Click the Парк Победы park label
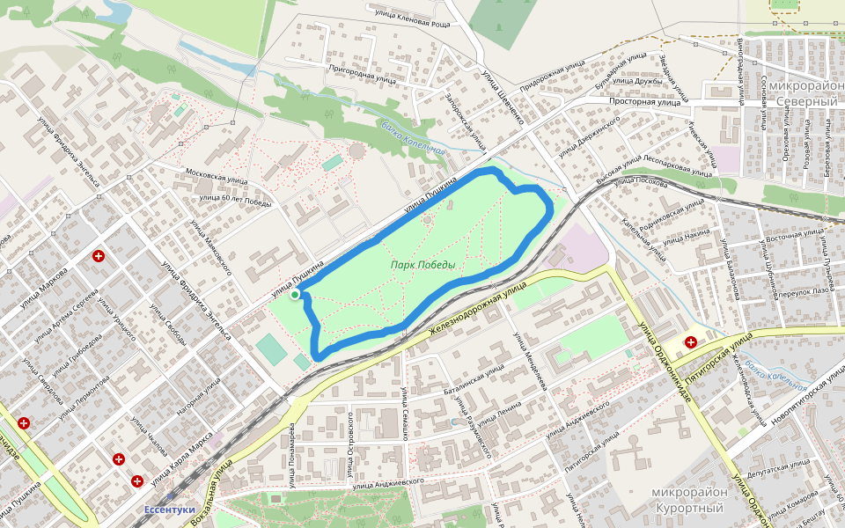(x=423, y=265)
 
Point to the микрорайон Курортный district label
(x=689, y=500)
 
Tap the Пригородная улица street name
(x=361, y=73)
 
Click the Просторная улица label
(x=647, y=103)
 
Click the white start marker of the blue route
(x=294, y=296)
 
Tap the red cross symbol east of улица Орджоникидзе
(x=691, y=342)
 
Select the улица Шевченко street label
(x=501, y=84)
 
